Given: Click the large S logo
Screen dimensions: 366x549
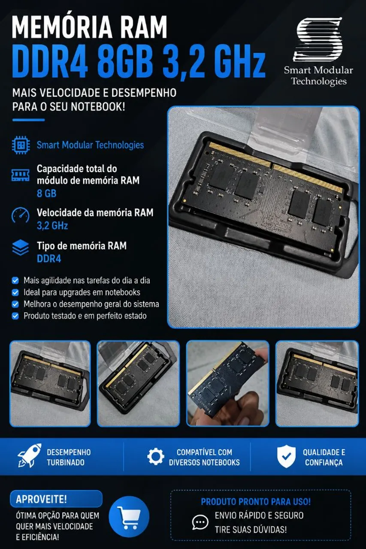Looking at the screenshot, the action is [318, 39].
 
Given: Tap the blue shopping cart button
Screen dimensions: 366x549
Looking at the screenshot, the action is [129, 516].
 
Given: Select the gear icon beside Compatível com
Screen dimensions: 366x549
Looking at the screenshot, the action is [156, 456].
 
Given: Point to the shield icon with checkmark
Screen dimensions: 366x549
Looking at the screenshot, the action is [286, 456].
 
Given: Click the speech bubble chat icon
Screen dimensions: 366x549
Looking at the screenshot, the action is [200, 522].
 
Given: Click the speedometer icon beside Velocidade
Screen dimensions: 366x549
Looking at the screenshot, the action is [20, 215].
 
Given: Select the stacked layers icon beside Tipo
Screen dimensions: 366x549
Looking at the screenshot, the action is [20, 248].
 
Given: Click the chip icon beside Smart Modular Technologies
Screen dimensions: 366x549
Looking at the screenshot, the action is [21, 145].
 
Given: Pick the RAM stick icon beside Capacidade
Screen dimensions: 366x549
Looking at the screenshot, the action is [20, 175].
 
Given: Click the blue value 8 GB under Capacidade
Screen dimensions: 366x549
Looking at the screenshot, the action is [47, 193].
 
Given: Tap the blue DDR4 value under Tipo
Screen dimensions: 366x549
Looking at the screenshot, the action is [49, 259].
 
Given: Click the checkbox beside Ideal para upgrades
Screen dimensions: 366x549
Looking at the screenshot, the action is [15, 293].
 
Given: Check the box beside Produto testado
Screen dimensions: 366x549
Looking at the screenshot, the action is [15, 316].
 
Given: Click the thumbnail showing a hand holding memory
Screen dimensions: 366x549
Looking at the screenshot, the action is [227, 383].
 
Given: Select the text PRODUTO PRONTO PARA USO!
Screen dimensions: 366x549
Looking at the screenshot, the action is [256, 502].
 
